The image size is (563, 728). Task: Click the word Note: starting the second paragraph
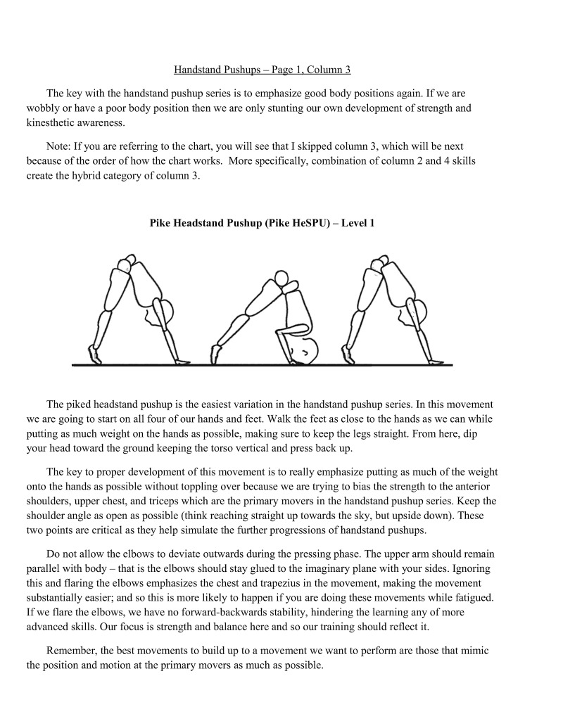(x=59, y=146)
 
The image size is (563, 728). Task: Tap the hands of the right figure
(x=436, y=362)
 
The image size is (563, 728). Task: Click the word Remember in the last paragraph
(x=70, y=651)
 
